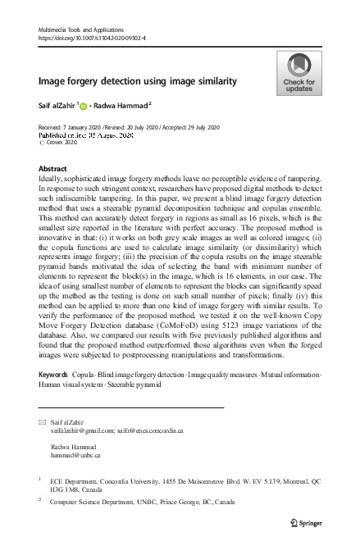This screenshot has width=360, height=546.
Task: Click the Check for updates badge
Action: point(298,73)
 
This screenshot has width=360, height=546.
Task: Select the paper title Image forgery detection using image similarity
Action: point(138,81)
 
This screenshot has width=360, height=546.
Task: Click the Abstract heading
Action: point(53,169)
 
